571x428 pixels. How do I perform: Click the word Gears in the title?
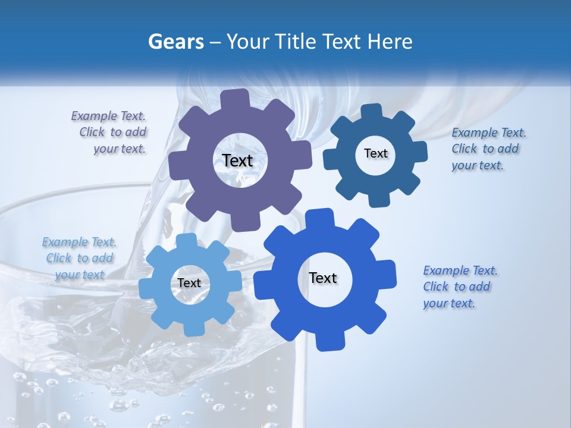point(175,42)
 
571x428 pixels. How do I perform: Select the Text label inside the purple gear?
point(237,160)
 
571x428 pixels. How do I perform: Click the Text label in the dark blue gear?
point(375,153)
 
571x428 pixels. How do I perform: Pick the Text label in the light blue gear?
point(189,284)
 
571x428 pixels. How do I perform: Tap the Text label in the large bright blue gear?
point(323,278)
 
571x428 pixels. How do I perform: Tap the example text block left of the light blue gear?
point(79,258)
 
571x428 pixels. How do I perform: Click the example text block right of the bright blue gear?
point(459,287)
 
